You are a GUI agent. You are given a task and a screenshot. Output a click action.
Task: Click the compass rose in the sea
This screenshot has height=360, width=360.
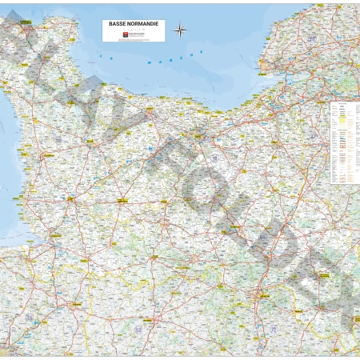(x=181, y=31)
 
